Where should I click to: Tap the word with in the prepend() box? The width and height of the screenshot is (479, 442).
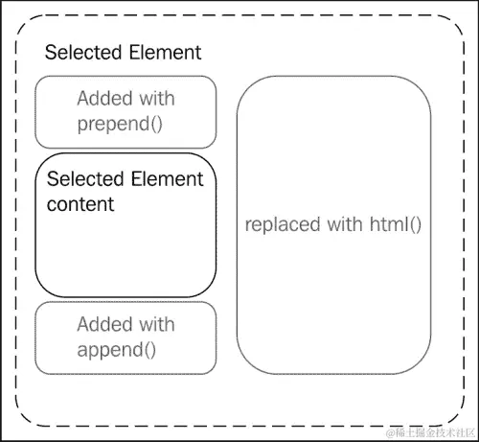pos(156,99)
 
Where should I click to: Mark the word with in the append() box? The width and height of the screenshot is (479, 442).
pos(156,324)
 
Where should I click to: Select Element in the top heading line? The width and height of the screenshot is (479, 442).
pos(165,53)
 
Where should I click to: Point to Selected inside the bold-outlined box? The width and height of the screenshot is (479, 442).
pos(84,179)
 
